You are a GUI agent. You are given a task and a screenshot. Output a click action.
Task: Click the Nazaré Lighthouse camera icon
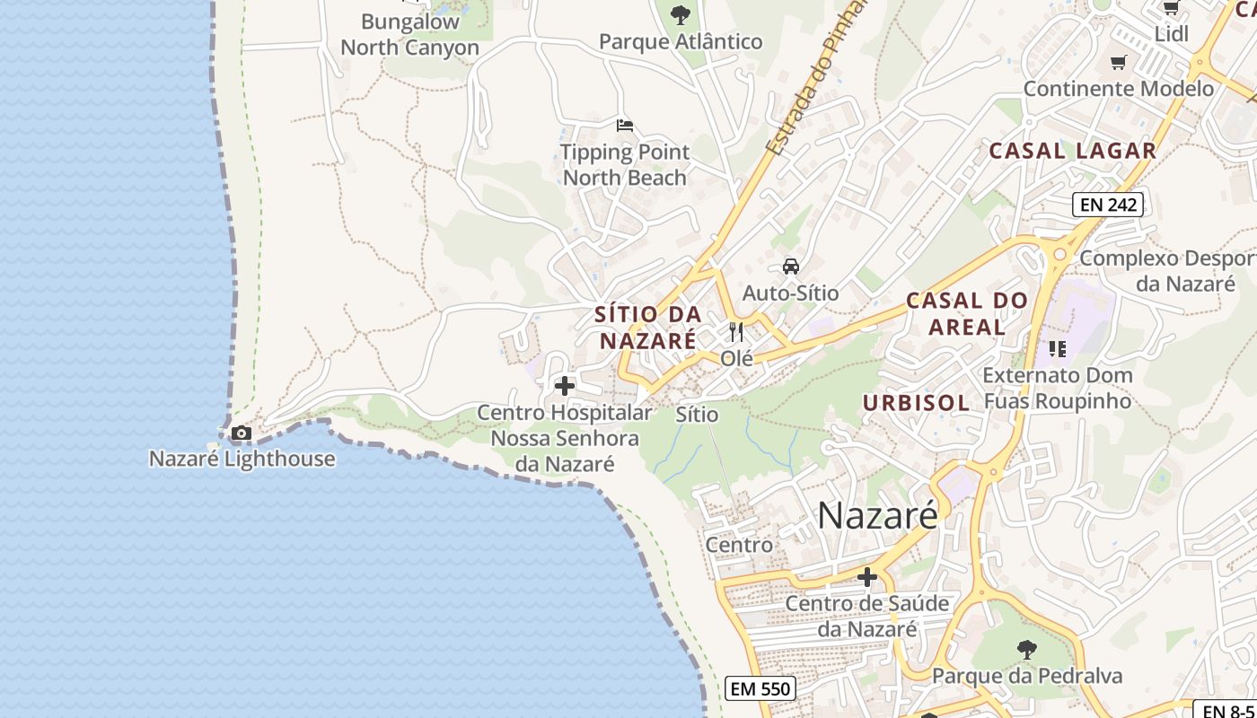click(241, 433)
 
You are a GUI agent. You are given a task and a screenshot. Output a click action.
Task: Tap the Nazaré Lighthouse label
click(242, 459)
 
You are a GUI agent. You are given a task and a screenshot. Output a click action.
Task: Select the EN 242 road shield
click(1109, 205)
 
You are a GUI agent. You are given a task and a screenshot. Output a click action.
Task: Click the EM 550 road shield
click(760, 688)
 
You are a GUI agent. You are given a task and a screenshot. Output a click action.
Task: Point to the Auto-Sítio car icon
click(790, 267)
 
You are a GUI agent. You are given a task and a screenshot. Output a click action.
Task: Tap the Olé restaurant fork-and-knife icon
click(736, 332)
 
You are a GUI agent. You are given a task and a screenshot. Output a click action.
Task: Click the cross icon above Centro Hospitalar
click(565, 386)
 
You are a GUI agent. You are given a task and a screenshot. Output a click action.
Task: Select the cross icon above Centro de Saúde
click(866, 577)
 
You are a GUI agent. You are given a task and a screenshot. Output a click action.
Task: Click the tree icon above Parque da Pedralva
click(1026, 649)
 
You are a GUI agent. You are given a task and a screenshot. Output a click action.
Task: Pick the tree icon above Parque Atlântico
click(681, 14)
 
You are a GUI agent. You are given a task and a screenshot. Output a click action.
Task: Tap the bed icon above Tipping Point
click(624, 125)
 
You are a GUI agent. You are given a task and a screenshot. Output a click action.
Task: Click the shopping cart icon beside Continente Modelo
click(1118, 62)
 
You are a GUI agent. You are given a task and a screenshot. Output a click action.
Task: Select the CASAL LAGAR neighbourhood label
click(1072, 151)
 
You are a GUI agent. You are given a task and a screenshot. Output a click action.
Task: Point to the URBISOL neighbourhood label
click(916, 403)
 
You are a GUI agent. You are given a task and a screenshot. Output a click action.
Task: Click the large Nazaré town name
click(877, 515)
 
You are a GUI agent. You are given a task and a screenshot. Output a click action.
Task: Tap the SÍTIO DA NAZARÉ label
click(647, 328)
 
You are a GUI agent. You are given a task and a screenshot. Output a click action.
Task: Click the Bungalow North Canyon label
click(409, 34)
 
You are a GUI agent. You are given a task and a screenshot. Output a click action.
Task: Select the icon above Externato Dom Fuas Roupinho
click(1057, 348)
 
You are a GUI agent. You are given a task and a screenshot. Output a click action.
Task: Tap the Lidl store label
click(1171, 33)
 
